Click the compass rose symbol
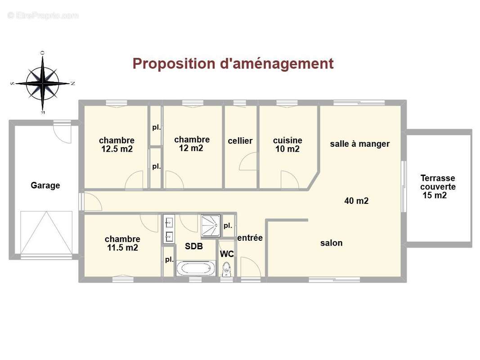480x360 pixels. [43, 83]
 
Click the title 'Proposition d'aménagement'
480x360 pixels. [233, 63]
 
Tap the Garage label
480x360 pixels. [45, 185]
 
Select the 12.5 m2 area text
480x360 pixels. [117, 149]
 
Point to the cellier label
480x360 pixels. [240, 141]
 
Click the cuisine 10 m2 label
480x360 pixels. [287, 144]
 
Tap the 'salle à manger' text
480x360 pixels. [360, 144]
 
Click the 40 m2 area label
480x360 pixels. [356, 201]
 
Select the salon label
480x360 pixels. [331, 243]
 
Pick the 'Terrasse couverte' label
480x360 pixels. [438, 182]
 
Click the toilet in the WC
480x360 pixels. [227, 269]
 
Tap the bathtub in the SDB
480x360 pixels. [196, 269]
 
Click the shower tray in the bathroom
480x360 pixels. [211, 226]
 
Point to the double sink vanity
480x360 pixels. [169, 229]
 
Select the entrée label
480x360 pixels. [250, 238]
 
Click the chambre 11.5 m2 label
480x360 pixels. [122, 243]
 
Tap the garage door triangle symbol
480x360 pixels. [46, 233]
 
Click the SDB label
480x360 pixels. [194, 246]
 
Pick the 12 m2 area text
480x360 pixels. [191, 148]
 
